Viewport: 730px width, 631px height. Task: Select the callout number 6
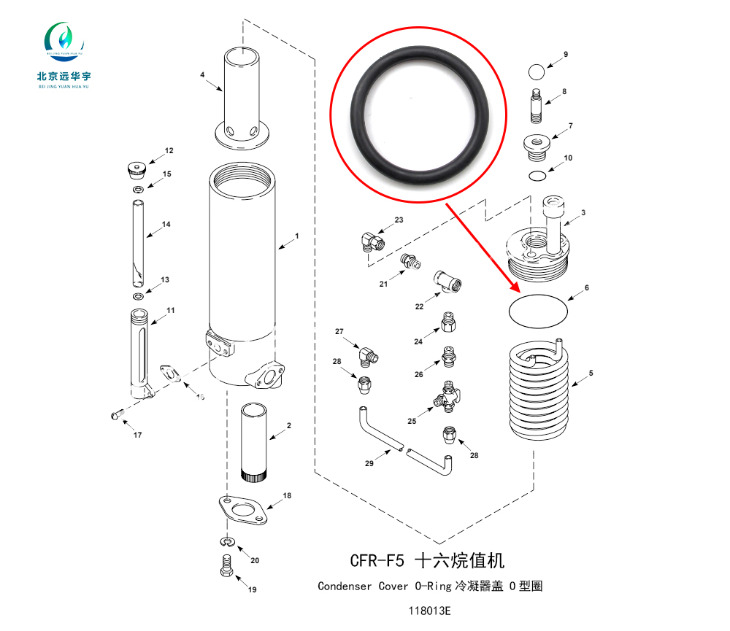(x=586, y=288)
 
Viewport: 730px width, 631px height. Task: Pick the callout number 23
(x=399, y=220)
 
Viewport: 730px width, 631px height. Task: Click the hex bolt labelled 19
(x=226, y=565)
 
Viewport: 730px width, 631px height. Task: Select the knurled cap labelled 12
(x=135, y=169)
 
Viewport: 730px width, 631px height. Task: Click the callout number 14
(x=166, y=225)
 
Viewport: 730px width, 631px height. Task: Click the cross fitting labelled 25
(x=445, y=397)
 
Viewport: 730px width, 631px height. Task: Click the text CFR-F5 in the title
(x=377, y=561)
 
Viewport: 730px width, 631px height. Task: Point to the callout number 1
(x=297, y=236)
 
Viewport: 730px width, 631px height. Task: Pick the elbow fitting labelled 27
(x=367, y=355)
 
